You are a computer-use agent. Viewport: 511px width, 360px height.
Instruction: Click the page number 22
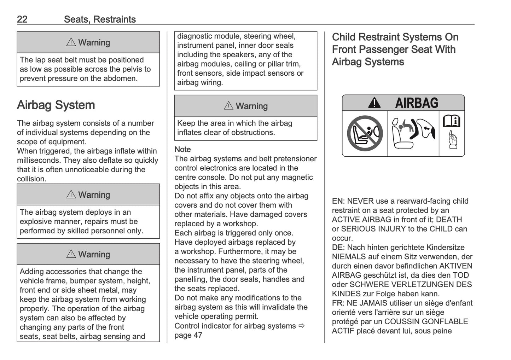[x=22, y=19]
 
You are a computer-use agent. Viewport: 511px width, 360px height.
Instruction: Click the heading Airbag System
[x=56, y=105]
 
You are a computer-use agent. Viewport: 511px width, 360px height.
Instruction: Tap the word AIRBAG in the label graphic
[x=416, y=103]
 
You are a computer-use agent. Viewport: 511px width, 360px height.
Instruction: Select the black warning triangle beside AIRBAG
[x=374, y=103]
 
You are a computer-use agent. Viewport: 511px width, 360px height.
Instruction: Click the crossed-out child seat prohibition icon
[x=365, y=134]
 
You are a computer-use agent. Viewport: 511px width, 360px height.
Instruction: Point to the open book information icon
[x=452, y=121]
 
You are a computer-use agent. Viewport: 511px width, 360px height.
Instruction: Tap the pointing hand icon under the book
[x=452, y=140]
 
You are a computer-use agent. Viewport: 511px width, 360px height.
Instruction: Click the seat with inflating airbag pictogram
[x=413, y=134]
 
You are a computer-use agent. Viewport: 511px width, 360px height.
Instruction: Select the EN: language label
[x=338, y=201]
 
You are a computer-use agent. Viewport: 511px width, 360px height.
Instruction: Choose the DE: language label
[x=338, y=248]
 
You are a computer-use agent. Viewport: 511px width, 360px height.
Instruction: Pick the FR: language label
[x=338, y=303]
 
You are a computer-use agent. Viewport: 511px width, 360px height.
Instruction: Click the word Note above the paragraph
[x=182, y=150]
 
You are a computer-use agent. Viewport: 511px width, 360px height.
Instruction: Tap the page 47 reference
[x=188, y=335]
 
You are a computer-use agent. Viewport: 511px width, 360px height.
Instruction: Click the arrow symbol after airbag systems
[x=301, y=326]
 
